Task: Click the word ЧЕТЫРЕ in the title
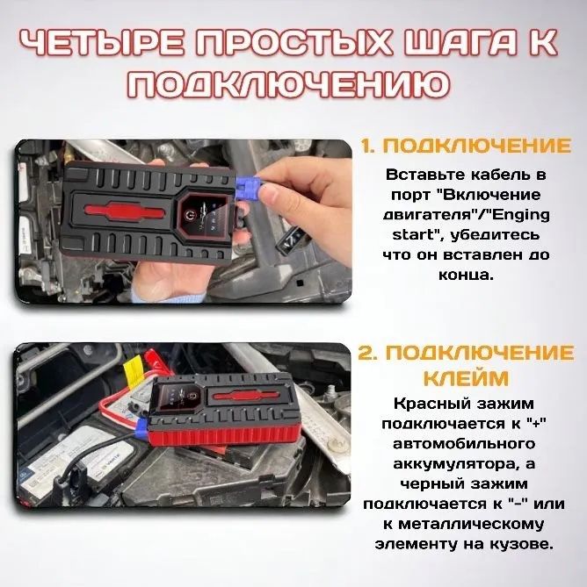[x=102, y=43]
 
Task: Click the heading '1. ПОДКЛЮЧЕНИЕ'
[x=466, y=146]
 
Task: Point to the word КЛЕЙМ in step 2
[x=466, y=378]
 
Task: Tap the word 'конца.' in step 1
[x=466, y=276]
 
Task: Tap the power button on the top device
[x=191, y=216]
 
